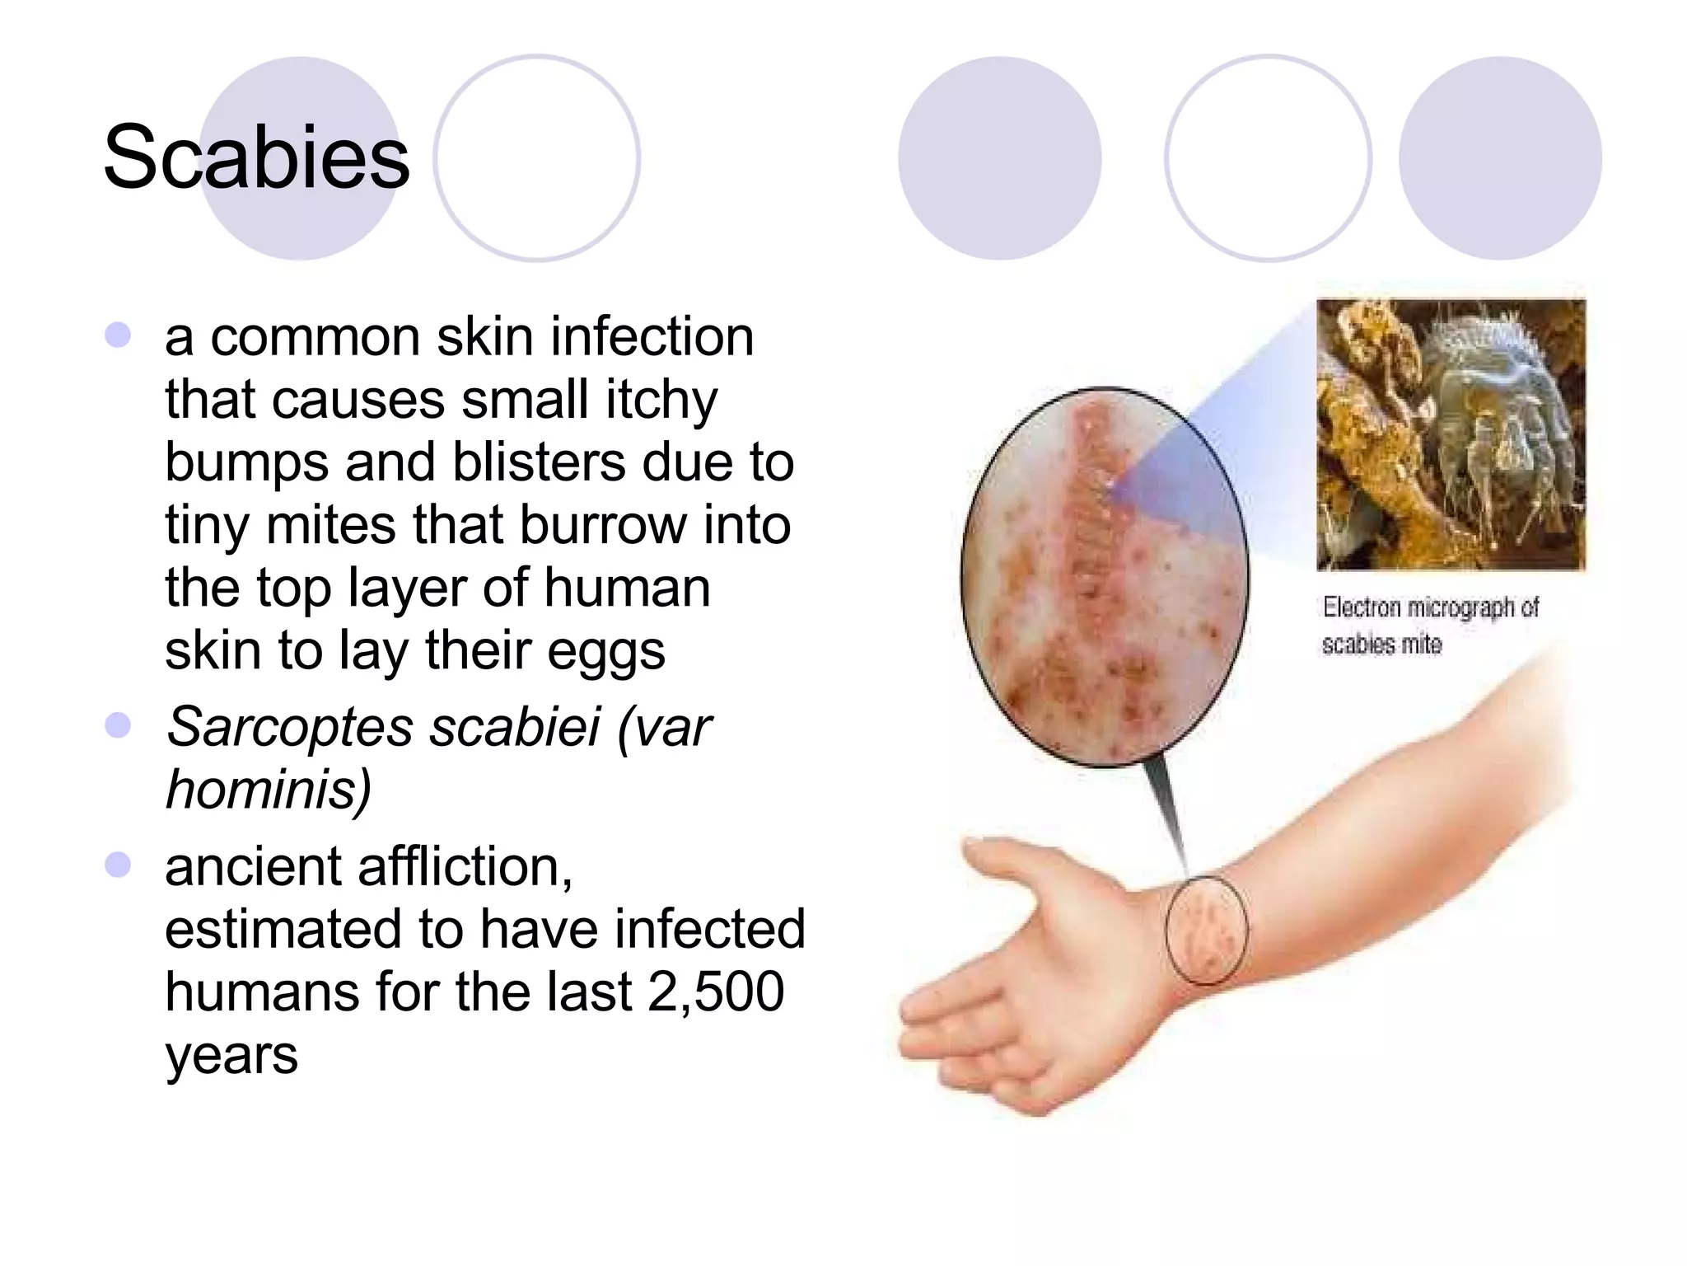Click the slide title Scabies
point(256,157)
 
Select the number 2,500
point(716,991)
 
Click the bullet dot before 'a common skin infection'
point(119,335)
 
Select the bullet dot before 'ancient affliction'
point(119,865)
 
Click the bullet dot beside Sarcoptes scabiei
point(119,725)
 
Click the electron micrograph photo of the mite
point(1451,434)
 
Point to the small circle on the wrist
point(1206,930)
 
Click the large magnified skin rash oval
point(1104,577)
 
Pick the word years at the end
point(231,1055)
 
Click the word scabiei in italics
point(515,727)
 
